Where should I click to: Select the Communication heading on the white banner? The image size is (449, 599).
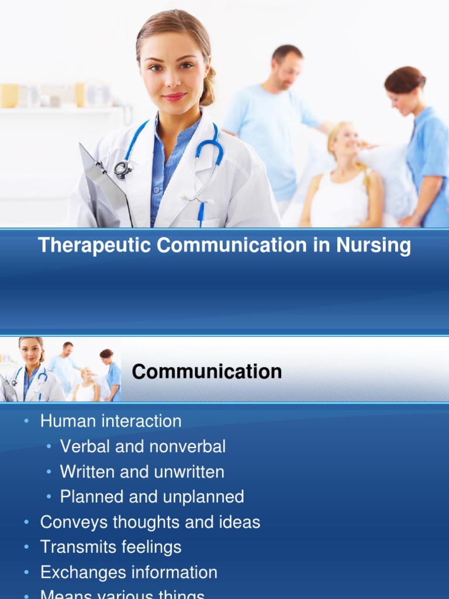pyautogui.click(x=206, y=371)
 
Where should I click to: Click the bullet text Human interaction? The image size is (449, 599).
pyautogui.click(x=110, y=421)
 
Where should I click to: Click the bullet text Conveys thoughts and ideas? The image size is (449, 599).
pyautogui.click(x=150, y=522)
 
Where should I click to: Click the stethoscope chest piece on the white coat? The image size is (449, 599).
pyautogui.click(x=122, y=168)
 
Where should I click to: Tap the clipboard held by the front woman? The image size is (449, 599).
pyautogui.click(x=102, y=187)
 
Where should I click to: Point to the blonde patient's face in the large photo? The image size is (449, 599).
pyautogui.click(x=346, y=140)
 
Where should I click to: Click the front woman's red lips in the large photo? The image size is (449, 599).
pyautogui.click(x=174, y=97)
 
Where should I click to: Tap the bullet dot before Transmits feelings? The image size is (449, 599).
pyautogui.click(x=26, y=547)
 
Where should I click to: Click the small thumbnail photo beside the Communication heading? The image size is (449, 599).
pyautogui.click(x=60, y=369)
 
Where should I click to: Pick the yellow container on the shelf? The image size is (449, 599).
pyautogui.click(x=9, y=95)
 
